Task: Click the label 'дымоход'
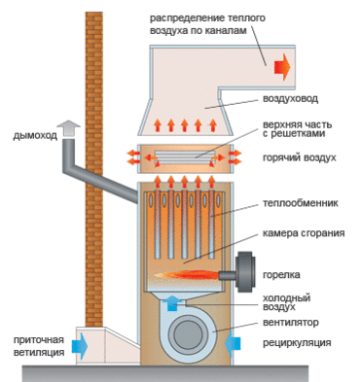(35, 135)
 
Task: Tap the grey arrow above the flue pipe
(68, 129)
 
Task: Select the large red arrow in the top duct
(282, 67)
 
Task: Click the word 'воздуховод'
(290, 98)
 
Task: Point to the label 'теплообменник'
(301, 203)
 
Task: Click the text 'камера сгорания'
(304, 233)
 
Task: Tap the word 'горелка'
(281, 275)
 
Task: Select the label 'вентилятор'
(291, 323)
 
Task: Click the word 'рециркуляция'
(297, 343)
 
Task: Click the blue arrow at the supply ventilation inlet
(80, 345)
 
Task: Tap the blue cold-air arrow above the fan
(172, 302)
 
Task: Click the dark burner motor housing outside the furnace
(246, 272)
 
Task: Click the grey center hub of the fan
(186, 335)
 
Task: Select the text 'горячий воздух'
(300, 157)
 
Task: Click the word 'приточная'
(39, 340)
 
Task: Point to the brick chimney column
(94, 169)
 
